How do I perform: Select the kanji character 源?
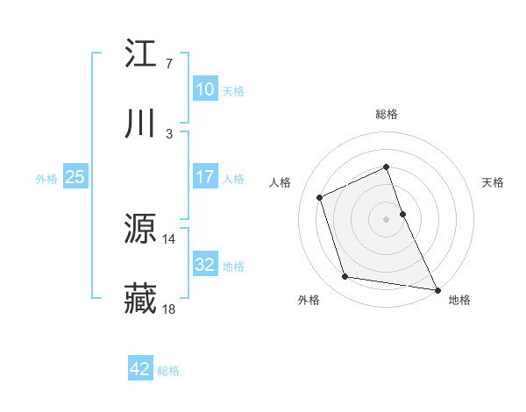[141, 229]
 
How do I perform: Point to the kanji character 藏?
[141, 299]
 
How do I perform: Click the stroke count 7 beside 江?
[168, 64]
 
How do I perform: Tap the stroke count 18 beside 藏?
[169, 309]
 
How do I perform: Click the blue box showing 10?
[204, 89]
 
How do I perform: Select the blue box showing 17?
[204, 177]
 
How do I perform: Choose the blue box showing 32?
[204, 265]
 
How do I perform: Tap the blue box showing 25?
[75, 177]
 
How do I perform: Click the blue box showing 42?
[140, 369]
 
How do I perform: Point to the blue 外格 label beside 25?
[46, 178]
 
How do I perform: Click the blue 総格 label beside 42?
[168, 371]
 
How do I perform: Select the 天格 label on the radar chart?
[494, 182]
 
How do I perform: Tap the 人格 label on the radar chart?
[280, 182]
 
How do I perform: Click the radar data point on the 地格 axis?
[437, 289]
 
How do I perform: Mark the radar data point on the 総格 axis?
[386, 167]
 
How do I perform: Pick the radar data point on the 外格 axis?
[345, 277]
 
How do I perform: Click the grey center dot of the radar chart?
[386, 219]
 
